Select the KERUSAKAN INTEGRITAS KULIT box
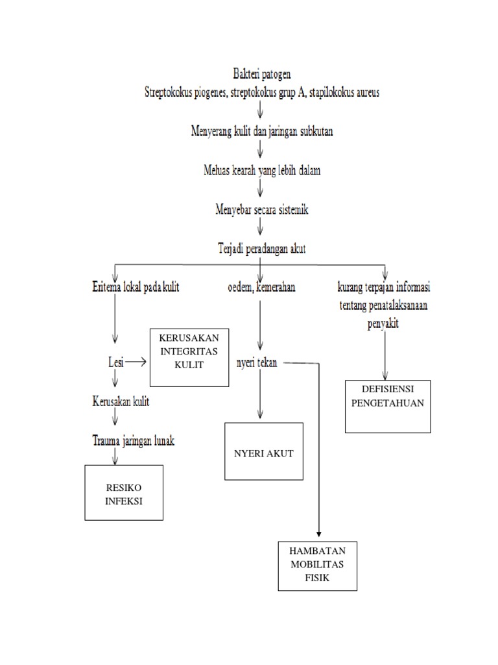[189, 357]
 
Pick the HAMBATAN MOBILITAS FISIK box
[318, 565]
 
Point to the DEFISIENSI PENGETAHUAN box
[388, 405]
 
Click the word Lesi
[116, 361]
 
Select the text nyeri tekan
[257, 363]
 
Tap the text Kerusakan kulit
[121, 402]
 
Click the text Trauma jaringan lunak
[133, 440]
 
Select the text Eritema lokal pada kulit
[135, 287]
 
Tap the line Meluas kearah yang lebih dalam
[261, 171]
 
